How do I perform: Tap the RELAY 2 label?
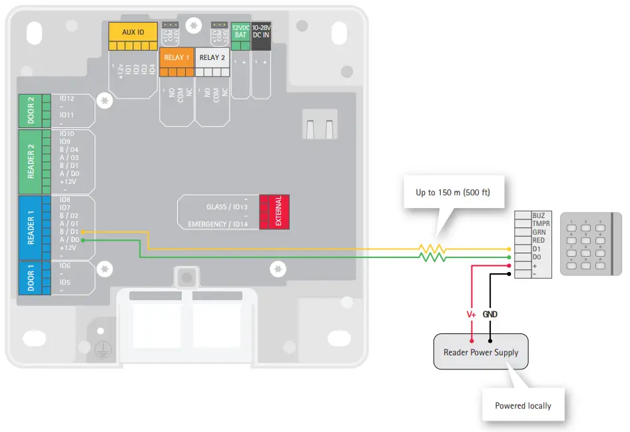(212, 57)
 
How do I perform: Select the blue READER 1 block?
(31, 227)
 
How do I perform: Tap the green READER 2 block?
(31, 162)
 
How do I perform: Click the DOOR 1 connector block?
(31, 277)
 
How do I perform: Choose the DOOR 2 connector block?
(31, 111)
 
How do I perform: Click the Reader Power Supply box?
(481, 352)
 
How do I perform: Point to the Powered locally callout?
(523, 405)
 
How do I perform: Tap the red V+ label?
(471, 314)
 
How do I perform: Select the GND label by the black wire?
(490, 314)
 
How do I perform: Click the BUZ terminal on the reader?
(539, 216)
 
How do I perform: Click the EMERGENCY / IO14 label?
(218, 224)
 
